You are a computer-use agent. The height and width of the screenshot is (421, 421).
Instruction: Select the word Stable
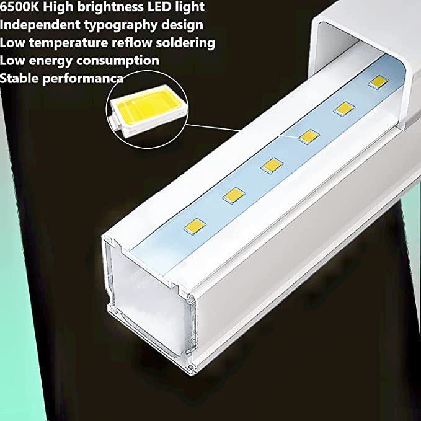[19, 78]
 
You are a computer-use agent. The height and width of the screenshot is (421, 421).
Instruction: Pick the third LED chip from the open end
[272, 164]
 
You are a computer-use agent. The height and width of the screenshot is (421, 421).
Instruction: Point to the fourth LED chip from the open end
[308, 136]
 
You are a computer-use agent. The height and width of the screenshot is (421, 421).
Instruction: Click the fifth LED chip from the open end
[342, 109]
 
